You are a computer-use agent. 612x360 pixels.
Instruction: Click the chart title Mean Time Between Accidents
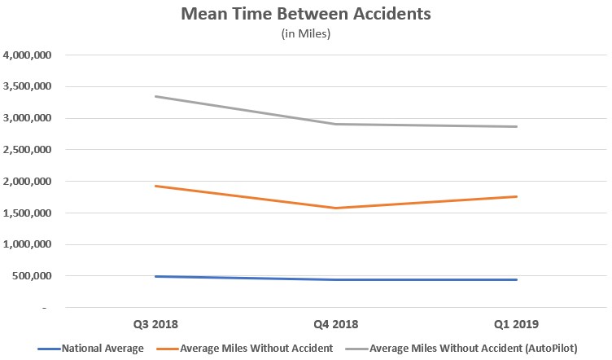[305, 15]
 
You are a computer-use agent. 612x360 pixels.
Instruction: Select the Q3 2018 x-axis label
[155, 323]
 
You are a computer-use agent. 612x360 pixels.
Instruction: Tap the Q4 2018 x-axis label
[335, 323]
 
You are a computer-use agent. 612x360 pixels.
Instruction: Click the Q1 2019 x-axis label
[516, 323]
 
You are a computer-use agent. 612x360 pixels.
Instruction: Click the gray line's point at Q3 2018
[155, 96]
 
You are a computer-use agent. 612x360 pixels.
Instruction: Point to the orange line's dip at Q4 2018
[335, 208]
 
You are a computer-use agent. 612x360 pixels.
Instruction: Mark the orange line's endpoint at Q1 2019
[516, 196]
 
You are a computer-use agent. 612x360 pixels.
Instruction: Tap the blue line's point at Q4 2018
[335, 279]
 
